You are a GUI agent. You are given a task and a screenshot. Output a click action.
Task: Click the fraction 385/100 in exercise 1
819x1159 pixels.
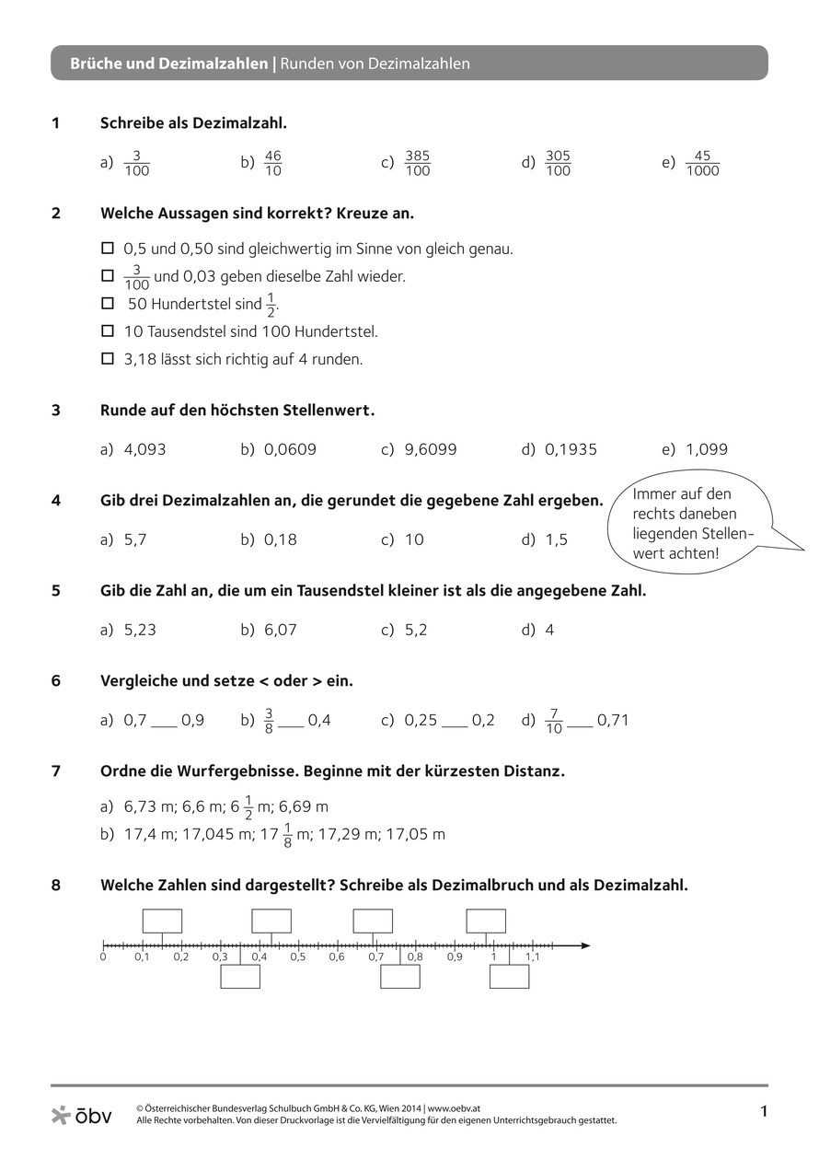click(417, 163)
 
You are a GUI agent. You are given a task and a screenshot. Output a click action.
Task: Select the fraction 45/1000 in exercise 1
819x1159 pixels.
click(702, 163)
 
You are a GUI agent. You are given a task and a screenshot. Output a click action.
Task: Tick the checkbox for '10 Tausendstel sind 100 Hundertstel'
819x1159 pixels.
click(107, 330)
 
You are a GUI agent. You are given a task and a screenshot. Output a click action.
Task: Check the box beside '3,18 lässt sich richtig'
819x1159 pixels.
click(107, 358)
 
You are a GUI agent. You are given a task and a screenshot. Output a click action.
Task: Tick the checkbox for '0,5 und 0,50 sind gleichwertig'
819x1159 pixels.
click(107, 248)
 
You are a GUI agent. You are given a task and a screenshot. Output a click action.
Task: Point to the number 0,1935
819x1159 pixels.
click(571, 449)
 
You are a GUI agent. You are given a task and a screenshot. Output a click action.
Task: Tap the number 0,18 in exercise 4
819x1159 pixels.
click(281, 539)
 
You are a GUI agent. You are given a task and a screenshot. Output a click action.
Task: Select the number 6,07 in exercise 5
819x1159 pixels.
click(281, 630)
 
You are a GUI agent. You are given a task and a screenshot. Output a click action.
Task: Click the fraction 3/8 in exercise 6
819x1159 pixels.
click(270, 720)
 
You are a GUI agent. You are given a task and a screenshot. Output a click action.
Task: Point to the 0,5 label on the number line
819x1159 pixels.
click(297, 957)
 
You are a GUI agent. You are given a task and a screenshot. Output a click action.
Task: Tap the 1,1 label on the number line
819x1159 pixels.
click(532, 957)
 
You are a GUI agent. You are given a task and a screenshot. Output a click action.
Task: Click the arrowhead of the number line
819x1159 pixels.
click(584, 945)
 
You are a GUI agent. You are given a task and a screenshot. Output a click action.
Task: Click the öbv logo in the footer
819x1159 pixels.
click(81, 1116)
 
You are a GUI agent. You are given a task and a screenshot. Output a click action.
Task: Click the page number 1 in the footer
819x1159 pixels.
click(763, 1111)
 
